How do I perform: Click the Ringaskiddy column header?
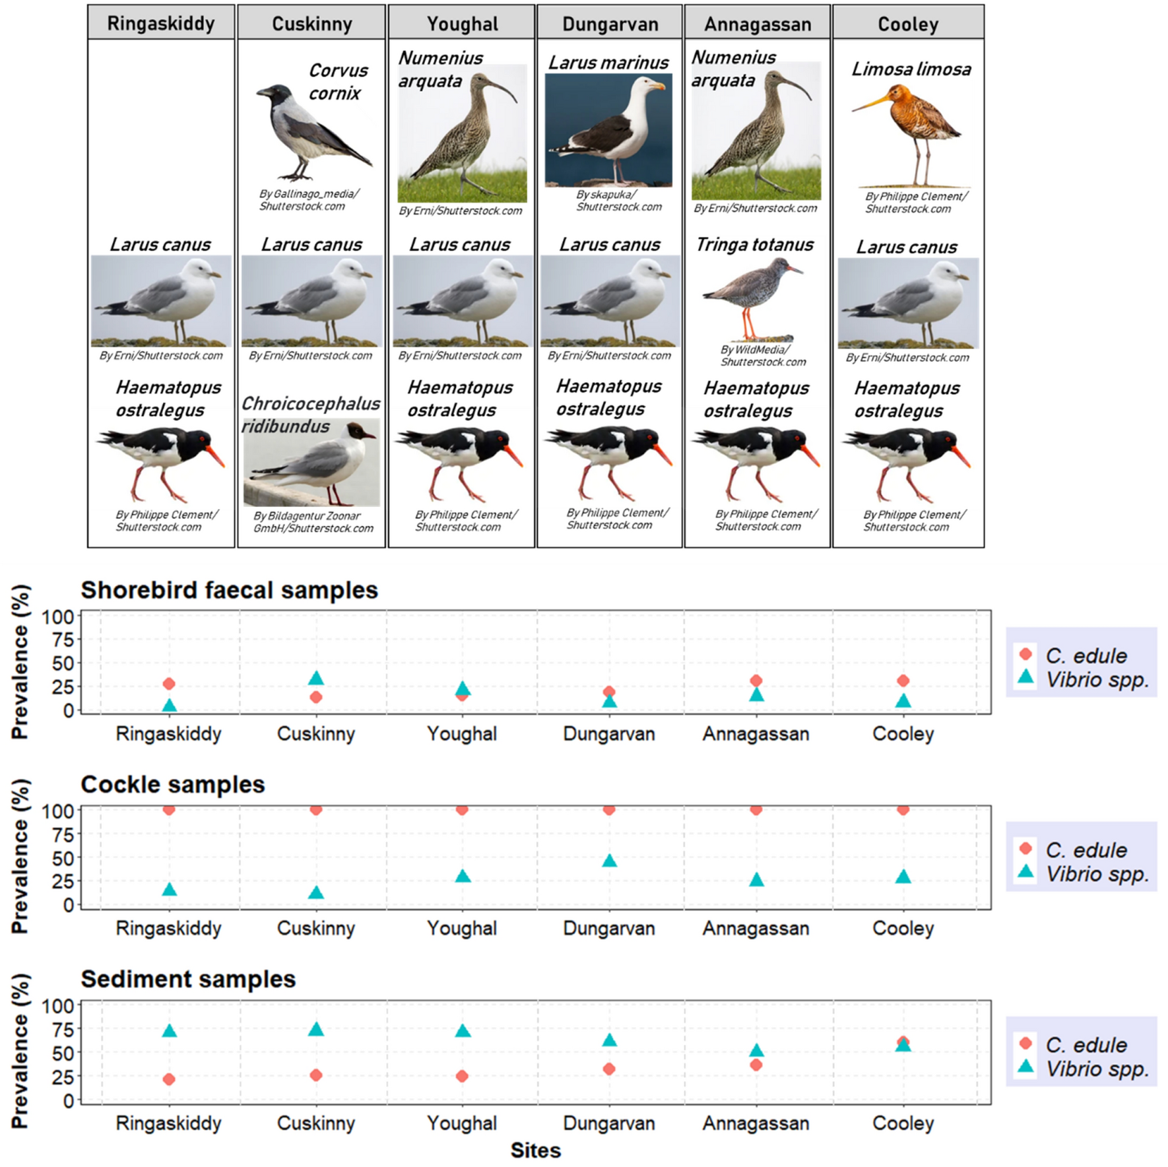pyautogui.click(x=161, y=23)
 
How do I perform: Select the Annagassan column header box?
pyautogui.click(x=757, y=23)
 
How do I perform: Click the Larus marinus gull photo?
pyautogui.click(x=608, y=129)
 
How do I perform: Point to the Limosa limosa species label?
pyautogui.click(x=911, y=69)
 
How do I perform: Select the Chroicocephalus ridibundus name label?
pyautogui.click(x=310, y=414)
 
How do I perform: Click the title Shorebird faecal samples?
pyautogui.click(x=229, y=589)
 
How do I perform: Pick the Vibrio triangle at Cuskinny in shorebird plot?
pyautogui.click(x=316, y=678)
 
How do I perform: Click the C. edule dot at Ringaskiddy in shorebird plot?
pyautogui.click(x=169, y=684)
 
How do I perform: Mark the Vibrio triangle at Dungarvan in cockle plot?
pyautogui.click(x=609, y=861)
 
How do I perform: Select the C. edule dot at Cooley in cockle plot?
pyautogui.click(x=903, y=809)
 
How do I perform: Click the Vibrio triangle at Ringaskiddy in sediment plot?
pyautogui.click(x=169, y=1030)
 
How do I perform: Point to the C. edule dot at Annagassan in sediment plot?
pyautogui.click(x=756, y=1065)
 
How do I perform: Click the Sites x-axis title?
pyautogui.click(x=535, y=1150)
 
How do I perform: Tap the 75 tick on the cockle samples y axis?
pyautogui.click(x=63, y=834)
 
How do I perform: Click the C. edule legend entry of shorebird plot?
pyautogui.click(x=1086, y=655)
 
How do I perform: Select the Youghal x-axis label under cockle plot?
pyautogui.click(x=462, y=928)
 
